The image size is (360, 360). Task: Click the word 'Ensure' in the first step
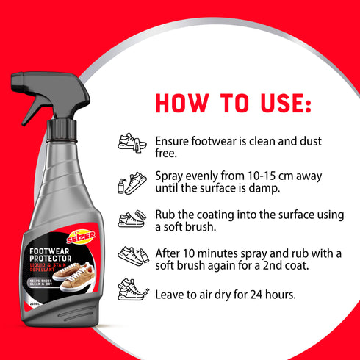[172, 140]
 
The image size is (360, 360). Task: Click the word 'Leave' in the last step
[170, 295]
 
